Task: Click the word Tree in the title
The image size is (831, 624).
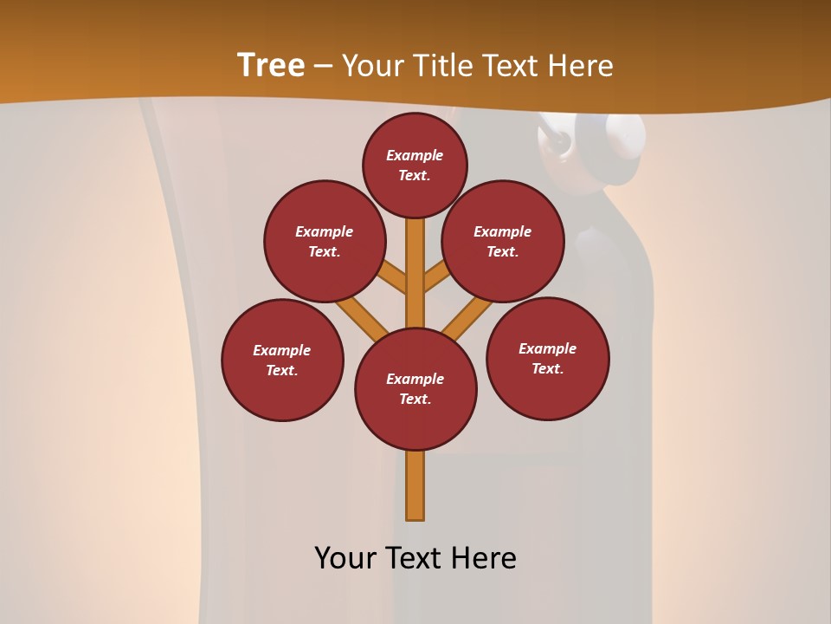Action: click(271, 65)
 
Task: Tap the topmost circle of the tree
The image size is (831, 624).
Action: click(415, 165)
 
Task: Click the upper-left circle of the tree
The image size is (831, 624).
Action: click(325, 241)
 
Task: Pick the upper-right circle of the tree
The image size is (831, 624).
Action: click(503, 241)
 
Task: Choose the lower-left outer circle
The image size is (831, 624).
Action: click(282, 360)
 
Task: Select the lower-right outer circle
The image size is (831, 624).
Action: click(548, 358)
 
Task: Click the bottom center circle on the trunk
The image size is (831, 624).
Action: click(415, 389)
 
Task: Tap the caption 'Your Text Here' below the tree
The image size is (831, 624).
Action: click(415, 557)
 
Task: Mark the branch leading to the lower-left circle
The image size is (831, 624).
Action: click(362, 317)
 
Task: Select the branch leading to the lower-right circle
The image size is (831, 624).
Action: click(468, 319)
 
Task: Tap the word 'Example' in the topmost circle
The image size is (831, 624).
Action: click(415, 155)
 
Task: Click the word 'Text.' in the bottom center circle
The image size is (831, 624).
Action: click(415, 400)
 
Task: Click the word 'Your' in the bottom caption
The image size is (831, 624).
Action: click(345, 557)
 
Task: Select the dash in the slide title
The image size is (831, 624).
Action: click(323, 66)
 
